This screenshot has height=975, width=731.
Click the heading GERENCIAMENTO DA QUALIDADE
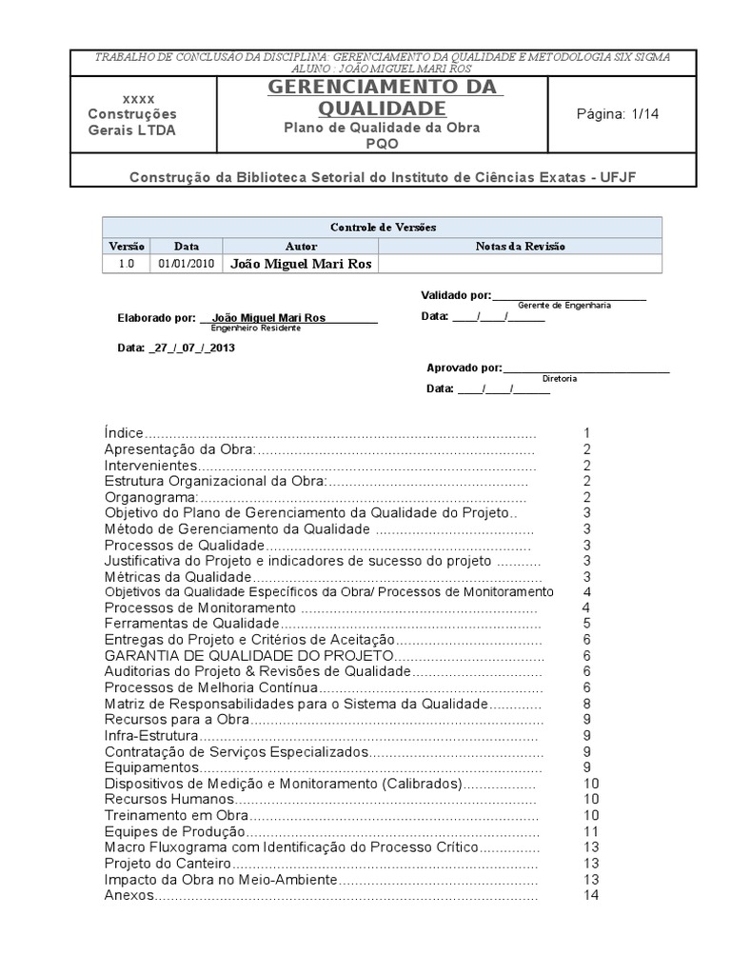[x=385, y=97]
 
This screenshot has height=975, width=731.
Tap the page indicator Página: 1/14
[x=618, y=113]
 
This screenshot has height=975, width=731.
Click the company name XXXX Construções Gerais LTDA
[x=139, y=115]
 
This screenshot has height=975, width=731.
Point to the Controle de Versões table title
[x=382, y=228]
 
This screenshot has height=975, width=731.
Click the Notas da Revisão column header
[x=520, y=246]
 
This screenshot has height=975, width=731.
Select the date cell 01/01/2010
[x=187, y=264]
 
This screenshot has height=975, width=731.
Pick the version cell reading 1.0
[x=127, y=264]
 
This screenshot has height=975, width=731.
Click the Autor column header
[x=300, y=246]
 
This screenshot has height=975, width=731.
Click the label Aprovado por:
[x=464, y=368]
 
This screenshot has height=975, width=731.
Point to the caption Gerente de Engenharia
[x=564, y=306]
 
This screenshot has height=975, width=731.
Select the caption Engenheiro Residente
[x=255, y=328]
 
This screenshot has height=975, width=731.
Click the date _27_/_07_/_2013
[x=176, y=348]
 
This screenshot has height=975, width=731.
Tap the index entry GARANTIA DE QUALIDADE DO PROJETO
[x=247, y=656]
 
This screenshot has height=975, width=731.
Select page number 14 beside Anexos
[x=591, y=896]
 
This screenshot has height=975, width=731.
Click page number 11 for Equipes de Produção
[x=590, y=831]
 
